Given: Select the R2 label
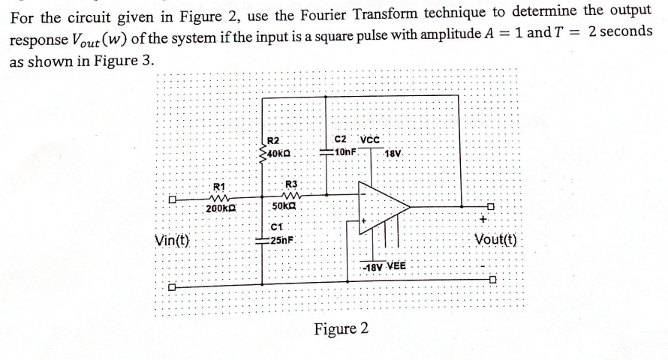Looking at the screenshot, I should coord(273,141).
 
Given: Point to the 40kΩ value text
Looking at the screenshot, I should coord(279,153).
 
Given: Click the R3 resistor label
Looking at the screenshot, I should coord(292,184).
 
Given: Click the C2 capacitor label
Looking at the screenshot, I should coord(339,139).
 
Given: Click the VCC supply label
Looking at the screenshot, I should coord(372,139).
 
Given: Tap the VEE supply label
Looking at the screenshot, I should coord(397,265).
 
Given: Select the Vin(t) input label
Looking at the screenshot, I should coord(172,241).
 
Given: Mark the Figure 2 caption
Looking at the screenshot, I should coord(342,329).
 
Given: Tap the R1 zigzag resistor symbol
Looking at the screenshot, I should coord(218,198).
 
